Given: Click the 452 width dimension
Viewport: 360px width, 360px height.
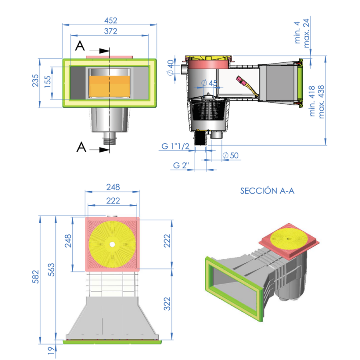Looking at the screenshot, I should [111, 20].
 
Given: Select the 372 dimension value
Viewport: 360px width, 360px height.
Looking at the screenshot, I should [111, 31].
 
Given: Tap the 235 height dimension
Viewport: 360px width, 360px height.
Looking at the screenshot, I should [35, 83].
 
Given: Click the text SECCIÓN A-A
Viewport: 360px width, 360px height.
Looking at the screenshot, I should [267, 191].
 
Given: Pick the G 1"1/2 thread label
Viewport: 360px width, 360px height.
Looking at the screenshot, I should [175, 146].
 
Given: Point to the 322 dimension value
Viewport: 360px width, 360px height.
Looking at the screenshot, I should [167, 304].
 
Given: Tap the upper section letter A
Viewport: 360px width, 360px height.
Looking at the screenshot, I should [80, 46].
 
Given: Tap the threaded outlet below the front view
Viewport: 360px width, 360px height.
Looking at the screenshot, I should [110, 139].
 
